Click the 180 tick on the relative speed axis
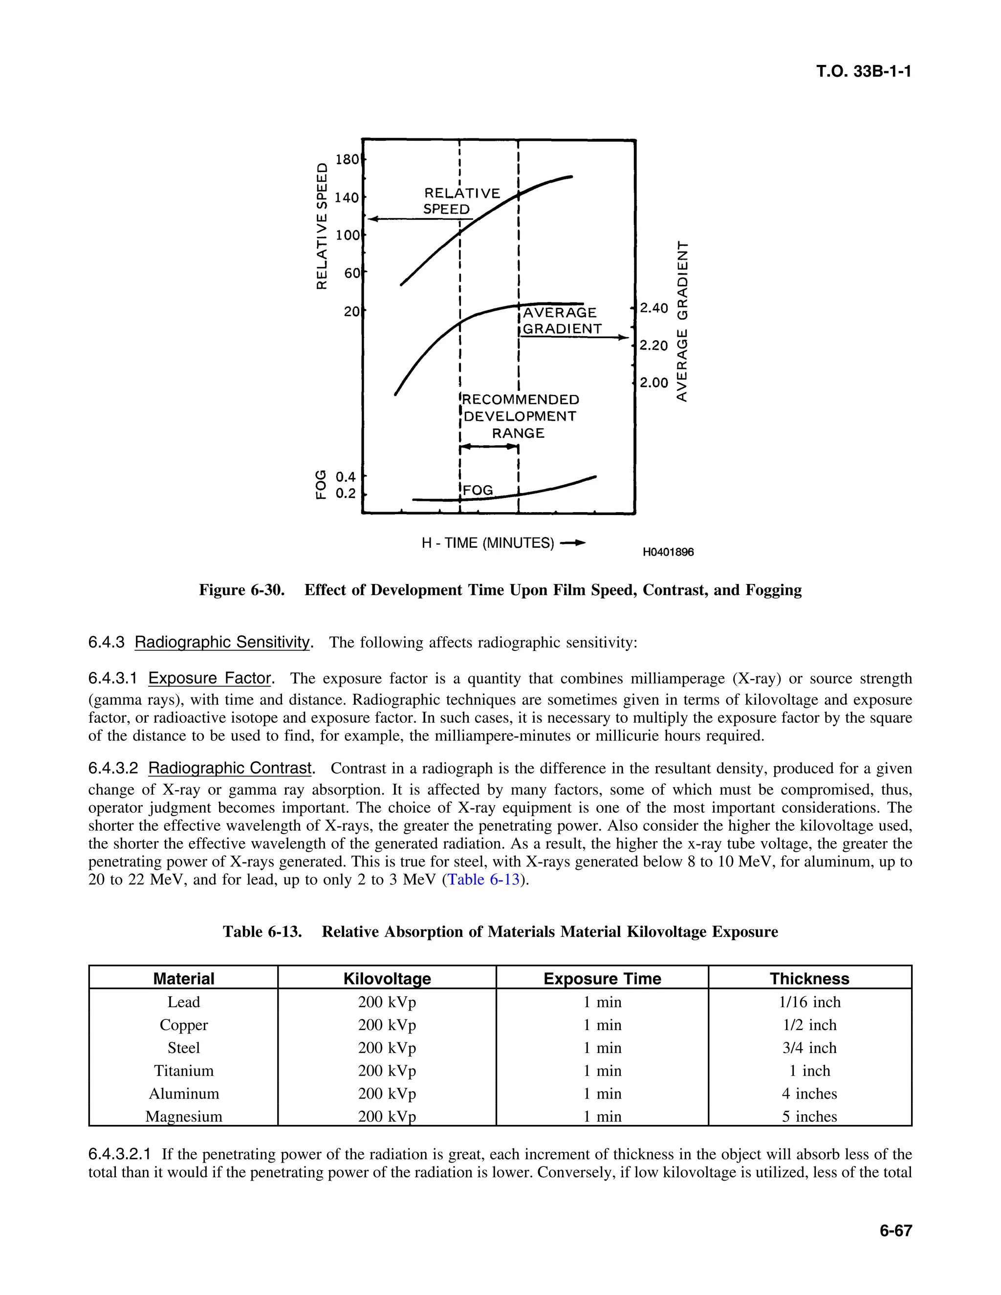[x=347, y=159]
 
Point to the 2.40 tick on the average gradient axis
[x=653, y=308]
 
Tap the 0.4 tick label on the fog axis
[x=345, y=476]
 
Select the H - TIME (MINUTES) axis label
[x=487, y=543]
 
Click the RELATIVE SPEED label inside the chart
[x=461, y=201]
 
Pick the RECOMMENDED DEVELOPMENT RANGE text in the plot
[x=520, y=416]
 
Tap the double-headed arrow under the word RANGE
[x=490, y=447]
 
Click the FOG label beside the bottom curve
[x=478, y=490]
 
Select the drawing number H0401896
[x=668, y=552]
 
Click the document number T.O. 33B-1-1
[x=864, y=72]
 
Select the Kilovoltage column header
[x=387, y=978]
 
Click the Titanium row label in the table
[x=183, y=1070]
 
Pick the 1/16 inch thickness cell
[x=809, y=1002]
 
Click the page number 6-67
[x=895, y=1231]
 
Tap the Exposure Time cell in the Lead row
[x=602, y=1002]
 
